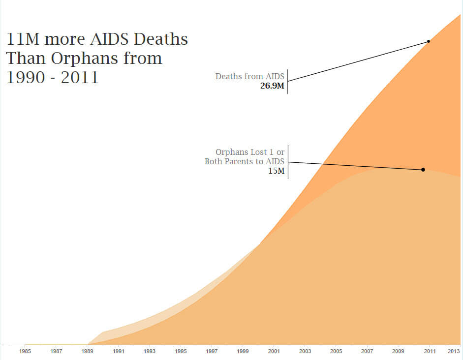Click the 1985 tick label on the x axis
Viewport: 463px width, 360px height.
(25, 352)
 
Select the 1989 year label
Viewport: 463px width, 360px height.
(87, 352)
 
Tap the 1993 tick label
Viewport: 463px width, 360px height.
(150, 352)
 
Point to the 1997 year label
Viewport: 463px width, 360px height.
(212, 352)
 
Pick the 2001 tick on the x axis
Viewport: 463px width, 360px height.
(274, 352)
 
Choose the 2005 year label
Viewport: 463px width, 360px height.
(336, 352)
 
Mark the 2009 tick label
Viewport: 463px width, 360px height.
(398, 352)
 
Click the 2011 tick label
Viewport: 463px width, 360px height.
(430, 352)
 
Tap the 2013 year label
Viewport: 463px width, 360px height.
(454, 352)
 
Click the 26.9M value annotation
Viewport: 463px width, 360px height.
(272, 87)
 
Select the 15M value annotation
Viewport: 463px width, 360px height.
(277, 172)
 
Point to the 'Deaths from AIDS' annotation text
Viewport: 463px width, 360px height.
(250, 76)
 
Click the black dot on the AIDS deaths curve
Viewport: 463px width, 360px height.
(429, 41)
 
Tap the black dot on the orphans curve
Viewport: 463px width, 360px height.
(423, 170)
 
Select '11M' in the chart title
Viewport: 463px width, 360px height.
(23, 39)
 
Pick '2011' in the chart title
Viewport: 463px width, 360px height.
(80, 78)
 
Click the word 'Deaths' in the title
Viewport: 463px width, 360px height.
(161, 39)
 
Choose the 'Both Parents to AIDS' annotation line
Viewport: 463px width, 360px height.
(245, 162)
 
